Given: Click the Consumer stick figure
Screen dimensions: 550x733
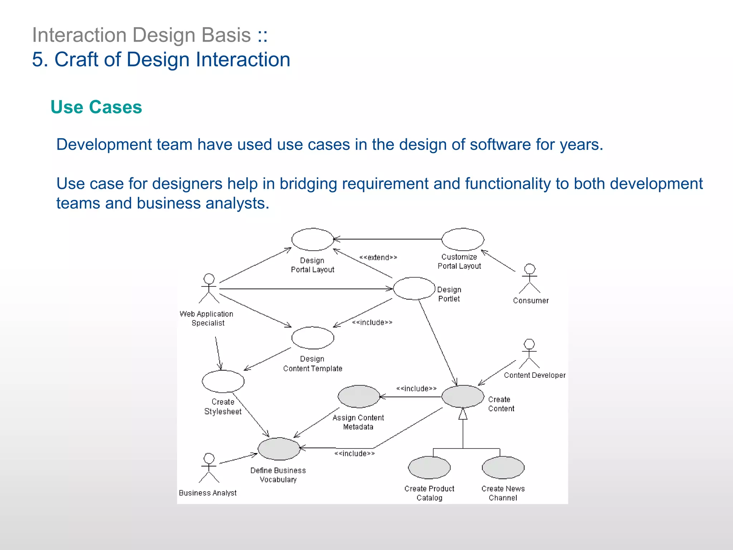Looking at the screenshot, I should pyautogui.click(x=529, y=279).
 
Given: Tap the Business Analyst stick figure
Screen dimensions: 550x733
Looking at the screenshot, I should pyautogui.click(x=209, y=468).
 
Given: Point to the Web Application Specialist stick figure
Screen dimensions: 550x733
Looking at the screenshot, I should pyautogui.click(x=209, y=289).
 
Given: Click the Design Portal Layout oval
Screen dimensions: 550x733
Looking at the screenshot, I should pyautogui.click(x=312, y=240).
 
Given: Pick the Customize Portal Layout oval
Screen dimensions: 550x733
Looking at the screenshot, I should pyautogui.click(x=462, y=240).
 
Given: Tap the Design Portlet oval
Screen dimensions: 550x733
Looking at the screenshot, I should pyautogui.click(x=414, y=288).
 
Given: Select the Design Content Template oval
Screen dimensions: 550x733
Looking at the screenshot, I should pyautogui.click(x=312, y=338).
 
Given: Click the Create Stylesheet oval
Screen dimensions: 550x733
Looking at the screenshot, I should pyautogui.click(x=223, y=381).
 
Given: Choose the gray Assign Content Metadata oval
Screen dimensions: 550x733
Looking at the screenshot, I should pyautogui.click(x=359, y=396).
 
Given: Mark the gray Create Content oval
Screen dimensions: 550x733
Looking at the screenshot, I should pyautogui.click(x=462, y=396).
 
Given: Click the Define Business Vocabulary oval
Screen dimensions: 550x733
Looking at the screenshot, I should pyautogui.click(x=279, y=449).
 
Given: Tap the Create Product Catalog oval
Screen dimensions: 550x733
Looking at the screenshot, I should pyautogui.click(x=429, y=467).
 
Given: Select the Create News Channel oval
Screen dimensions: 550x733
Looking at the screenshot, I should pyautogui.click(x=503, y=467).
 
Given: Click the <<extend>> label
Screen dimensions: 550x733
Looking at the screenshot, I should pyautogui.click(x=378, y=257).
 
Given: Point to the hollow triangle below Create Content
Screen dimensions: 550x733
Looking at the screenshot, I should pyautogui.click(x=463, y=414).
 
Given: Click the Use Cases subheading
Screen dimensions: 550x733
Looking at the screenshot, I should pyautogui.click(x=96, y=107).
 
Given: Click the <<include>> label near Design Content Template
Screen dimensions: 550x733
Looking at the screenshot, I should pyautogui.click(x=372, y=322).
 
